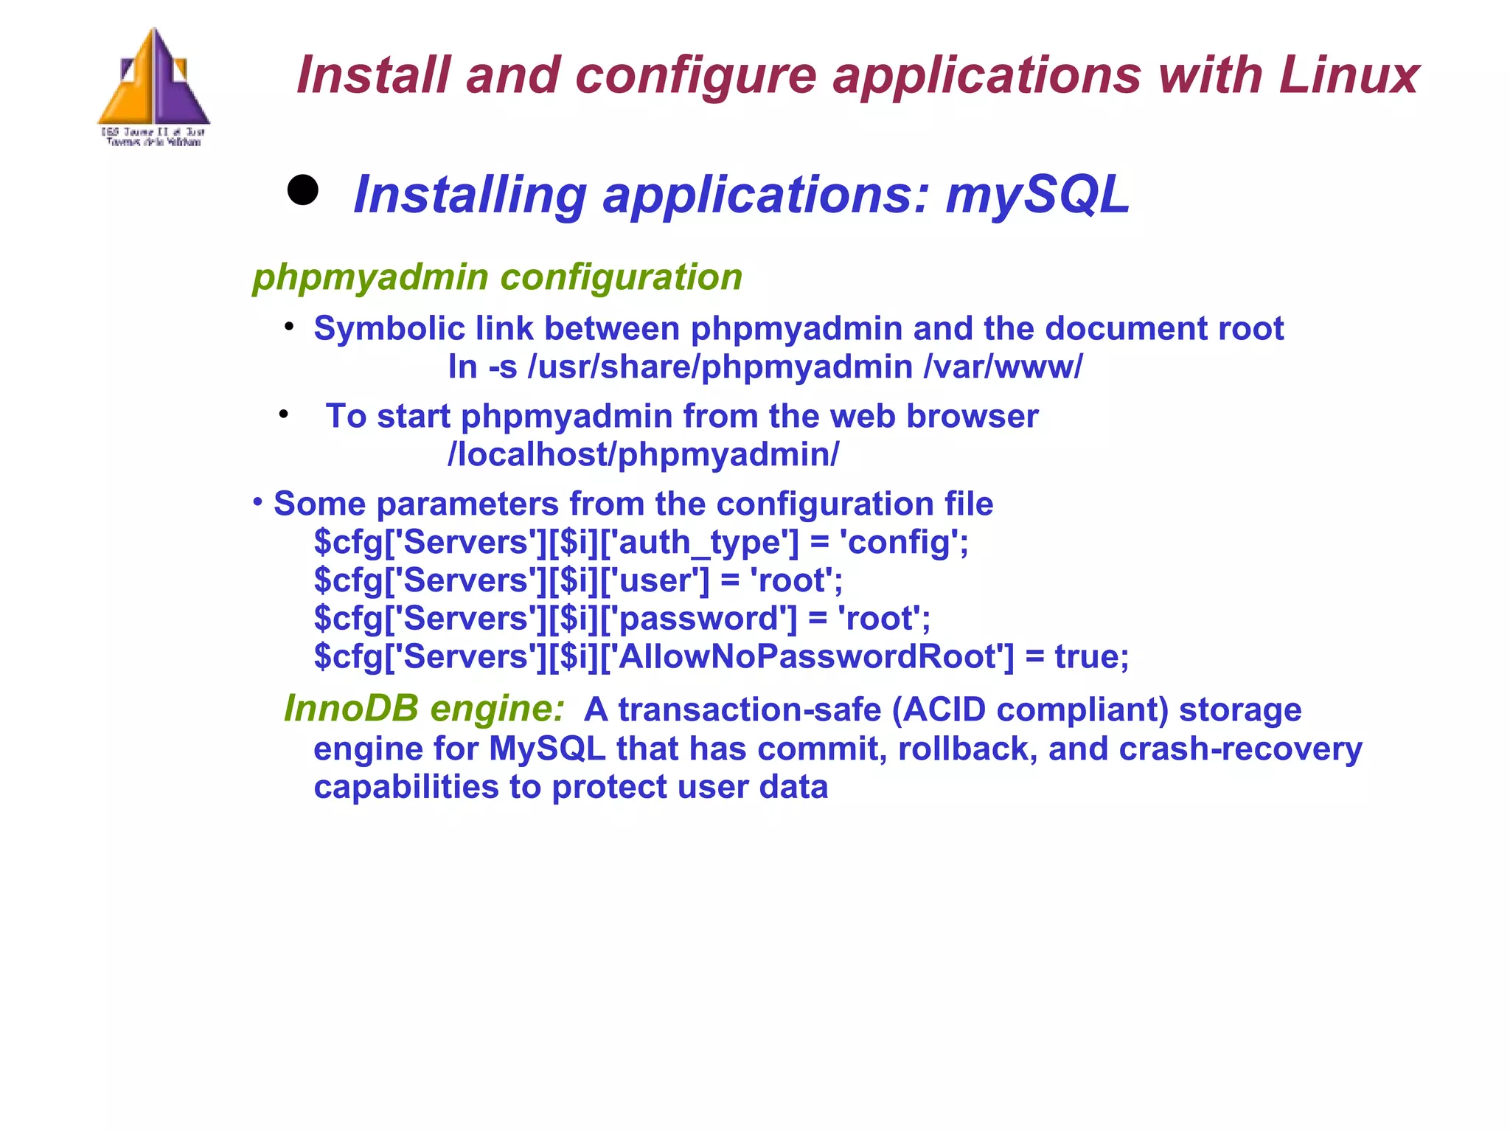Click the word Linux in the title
[1349, 75]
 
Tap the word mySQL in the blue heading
[1037, 195]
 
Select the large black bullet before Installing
[302, 190]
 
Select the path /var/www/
[1003, 367]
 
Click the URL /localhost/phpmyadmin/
[643, 455]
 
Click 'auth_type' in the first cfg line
[706, 543]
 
